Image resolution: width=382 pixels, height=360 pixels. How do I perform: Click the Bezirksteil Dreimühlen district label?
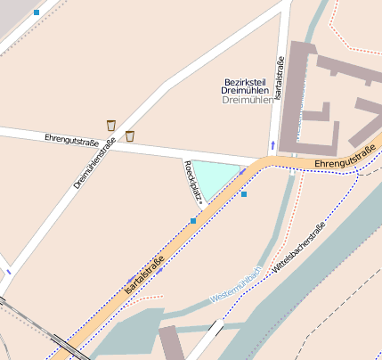(x=245, y=91)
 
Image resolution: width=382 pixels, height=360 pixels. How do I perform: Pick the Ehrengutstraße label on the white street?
(x=71, y=141)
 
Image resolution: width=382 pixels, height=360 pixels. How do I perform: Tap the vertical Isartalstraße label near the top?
(x=279, y=78)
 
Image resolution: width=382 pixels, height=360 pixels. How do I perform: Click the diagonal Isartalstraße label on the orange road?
(x=144, y=276)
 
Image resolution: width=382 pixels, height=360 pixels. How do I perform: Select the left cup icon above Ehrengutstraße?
(x=111, y=125)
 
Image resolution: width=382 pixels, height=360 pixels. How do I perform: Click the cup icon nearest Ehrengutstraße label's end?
(x=130, y=136)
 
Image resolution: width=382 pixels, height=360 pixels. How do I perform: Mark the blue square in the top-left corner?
(x=37, y=12)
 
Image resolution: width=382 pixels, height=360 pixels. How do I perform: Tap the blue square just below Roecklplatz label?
(x=193, y=220)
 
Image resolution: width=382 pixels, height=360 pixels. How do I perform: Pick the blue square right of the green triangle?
(x=244, y=193)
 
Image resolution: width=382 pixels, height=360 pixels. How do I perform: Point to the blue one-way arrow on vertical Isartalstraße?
(x=272, y=144)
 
